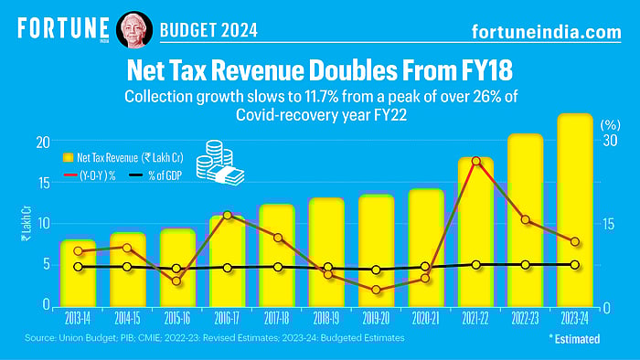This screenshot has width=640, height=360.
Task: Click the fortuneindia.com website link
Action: (x=545, y=31)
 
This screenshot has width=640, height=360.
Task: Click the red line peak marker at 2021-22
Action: (x=475, y=162)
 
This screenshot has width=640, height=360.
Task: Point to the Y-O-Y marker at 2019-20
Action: (x=376, y=290)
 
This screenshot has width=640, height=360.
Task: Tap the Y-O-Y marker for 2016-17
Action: (x=227, y=216)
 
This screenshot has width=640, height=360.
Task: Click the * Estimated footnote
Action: (x=574, y=339)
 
